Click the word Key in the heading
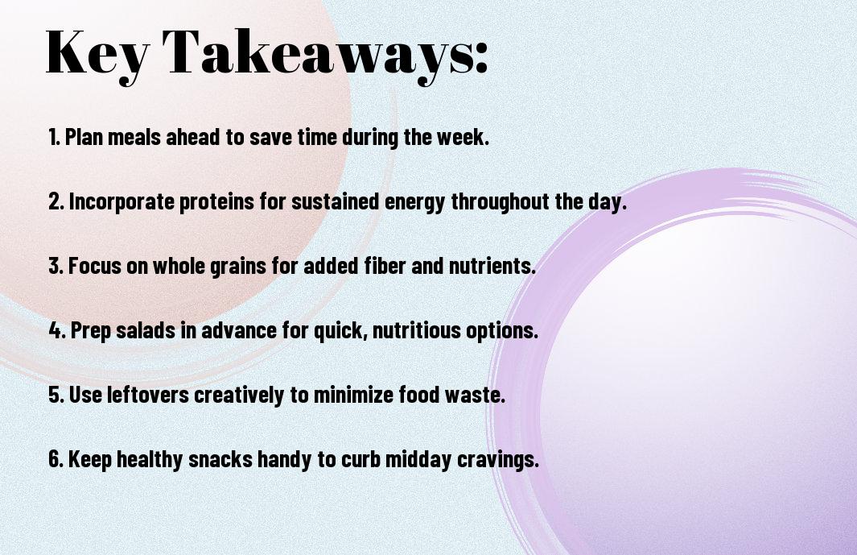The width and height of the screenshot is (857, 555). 97,54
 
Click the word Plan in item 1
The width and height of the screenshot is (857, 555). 84,137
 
